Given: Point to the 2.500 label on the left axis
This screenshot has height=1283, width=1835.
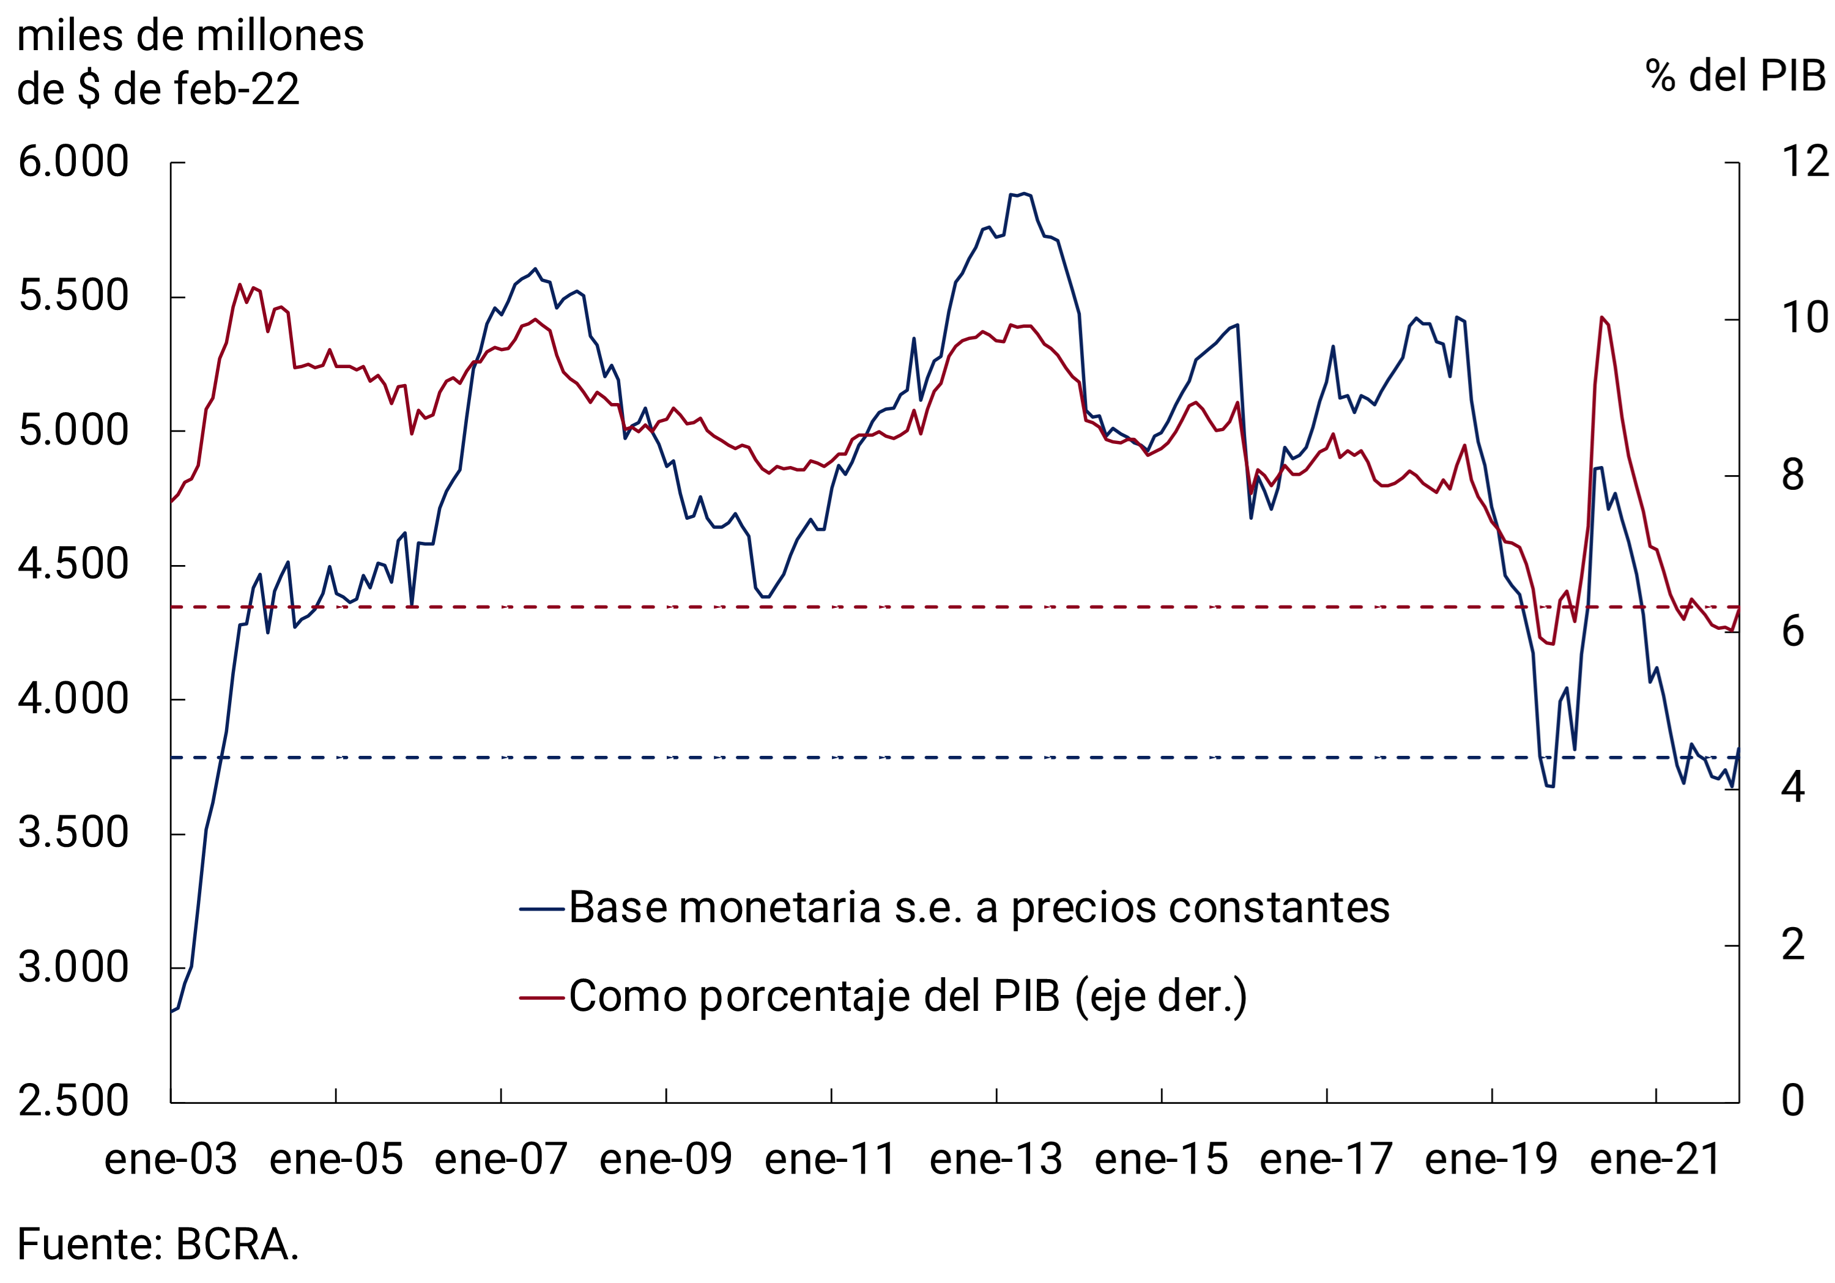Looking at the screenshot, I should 73,1101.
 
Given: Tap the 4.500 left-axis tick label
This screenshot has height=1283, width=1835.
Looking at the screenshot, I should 73,565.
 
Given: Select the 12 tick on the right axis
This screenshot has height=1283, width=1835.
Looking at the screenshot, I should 1804,162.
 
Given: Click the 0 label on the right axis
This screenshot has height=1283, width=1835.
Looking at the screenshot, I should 1793,1101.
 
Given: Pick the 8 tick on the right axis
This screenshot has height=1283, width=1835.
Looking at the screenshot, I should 1793,476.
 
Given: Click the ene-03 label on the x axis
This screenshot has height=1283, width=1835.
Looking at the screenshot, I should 171,1160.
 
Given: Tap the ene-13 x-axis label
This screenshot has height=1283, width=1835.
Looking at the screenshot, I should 996,1160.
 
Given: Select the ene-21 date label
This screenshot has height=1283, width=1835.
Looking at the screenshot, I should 1655,1160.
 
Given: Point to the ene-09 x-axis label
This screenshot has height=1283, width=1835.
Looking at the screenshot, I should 665,1160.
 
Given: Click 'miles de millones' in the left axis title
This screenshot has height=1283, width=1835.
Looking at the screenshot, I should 190,36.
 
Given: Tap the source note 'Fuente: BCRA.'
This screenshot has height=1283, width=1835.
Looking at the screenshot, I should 157,1244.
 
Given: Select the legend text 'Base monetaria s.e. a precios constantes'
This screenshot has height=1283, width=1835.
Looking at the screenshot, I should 979,908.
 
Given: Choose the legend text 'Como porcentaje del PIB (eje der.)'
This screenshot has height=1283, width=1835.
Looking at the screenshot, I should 908,996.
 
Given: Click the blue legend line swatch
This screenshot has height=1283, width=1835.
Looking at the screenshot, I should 542,909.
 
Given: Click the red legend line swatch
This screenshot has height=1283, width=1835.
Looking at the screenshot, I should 542,998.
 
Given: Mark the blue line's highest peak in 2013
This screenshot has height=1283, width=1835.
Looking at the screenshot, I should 1024,193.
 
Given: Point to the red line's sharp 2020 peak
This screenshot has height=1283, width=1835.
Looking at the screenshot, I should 1601,317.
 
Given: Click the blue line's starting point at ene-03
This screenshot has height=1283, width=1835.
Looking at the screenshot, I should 172,1011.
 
